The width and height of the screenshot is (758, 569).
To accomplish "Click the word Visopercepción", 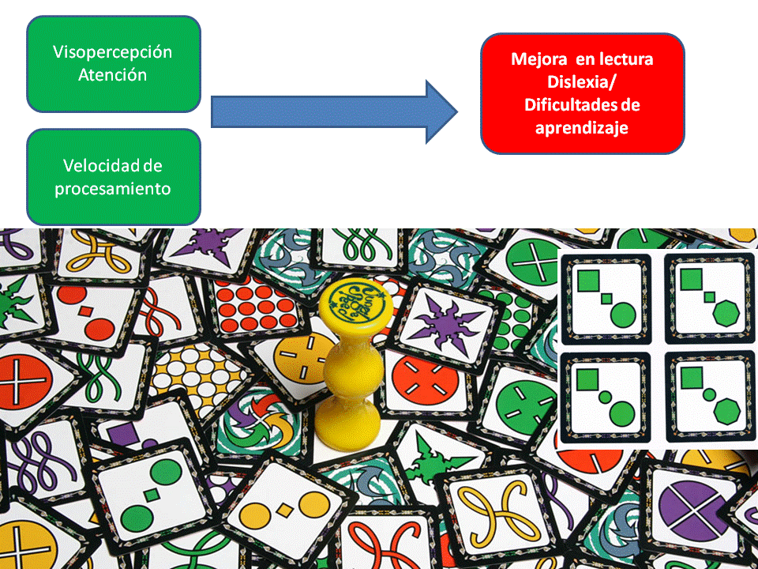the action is pos(113,53).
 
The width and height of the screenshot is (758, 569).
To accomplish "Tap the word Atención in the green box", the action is pos(113,75).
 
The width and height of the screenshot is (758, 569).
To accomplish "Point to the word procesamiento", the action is pos(113,189).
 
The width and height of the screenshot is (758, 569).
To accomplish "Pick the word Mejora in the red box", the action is pos(534,59).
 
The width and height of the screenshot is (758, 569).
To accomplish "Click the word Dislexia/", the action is pos(582,82).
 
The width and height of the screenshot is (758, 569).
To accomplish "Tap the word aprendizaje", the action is pos(582,127).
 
